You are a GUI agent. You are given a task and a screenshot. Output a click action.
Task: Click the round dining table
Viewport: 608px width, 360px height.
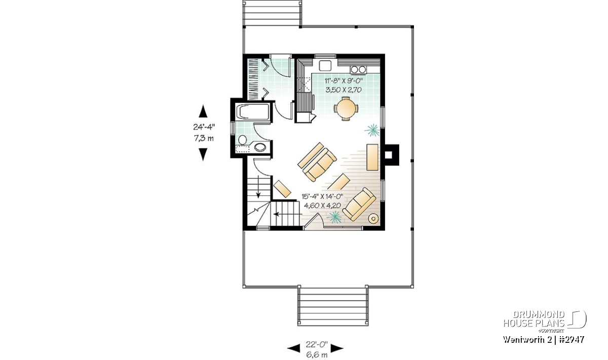point(346,108)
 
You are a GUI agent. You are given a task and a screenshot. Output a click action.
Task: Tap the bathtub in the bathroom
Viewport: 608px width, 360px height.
point(253,111)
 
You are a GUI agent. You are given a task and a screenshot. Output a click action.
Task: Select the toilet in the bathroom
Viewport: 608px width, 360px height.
point(242,140)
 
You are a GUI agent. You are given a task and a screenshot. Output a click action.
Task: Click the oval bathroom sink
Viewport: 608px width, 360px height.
point(260,147)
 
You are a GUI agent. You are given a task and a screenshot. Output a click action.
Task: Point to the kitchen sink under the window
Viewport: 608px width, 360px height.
point(325,66)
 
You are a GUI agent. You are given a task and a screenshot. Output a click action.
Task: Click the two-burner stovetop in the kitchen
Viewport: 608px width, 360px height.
point(358,69)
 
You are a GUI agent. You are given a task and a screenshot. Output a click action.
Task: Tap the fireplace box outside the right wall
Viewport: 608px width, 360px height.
point(390,155)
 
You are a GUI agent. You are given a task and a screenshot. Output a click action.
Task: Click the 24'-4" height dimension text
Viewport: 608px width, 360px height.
point(204,127)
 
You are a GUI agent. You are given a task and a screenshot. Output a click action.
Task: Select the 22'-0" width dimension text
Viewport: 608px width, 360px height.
point(317,344)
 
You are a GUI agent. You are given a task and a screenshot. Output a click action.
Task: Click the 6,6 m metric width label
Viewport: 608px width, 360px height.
point(317,354)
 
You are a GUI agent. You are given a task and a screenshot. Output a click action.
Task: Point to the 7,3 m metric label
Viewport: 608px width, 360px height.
point(204,138)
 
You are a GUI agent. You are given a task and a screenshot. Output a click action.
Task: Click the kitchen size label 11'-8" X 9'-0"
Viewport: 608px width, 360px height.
point(344,81)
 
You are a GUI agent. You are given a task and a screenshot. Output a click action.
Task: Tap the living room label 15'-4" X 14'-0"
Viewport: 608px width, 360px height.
point(322,196)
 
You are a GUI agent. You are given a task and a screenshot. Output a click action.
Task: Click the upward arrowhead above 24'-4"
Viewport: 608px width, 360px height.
point(203,111)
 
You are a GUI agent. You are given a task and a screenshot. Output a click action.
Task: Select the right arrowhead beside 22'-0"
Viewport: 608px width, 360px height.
point(337,348)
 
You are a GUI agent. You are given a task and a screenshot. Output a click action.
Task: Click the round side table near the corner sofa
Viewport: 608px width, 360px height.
point(373,218)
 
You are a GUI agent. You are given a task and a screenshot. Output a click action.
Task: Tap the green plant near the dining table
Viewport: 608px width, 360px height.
point(372,131)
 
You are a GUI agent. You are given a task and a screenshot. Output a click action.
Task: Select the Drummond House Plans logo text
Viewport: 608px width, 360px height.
point(534,319)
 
